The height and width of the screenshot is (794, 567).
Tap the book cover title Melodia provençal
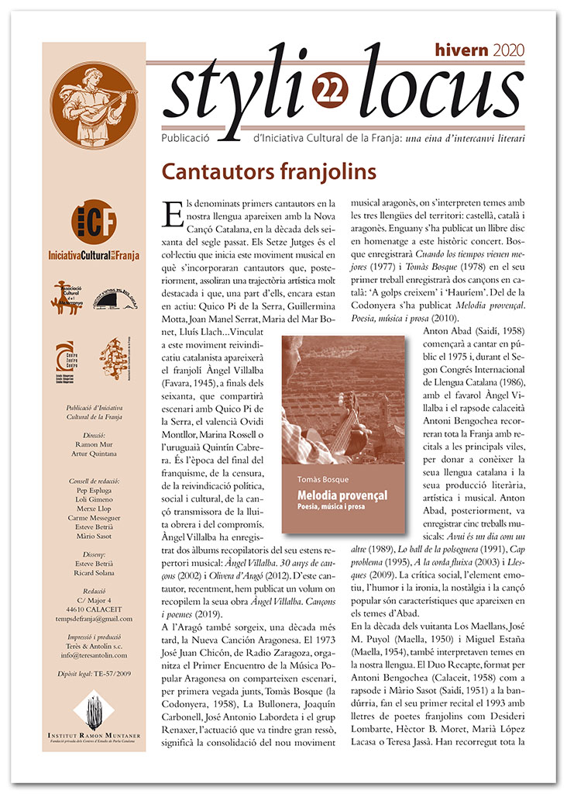click(340, 495)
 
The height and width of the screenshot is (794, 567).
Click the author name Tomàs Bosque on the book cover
click(318, 478)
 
